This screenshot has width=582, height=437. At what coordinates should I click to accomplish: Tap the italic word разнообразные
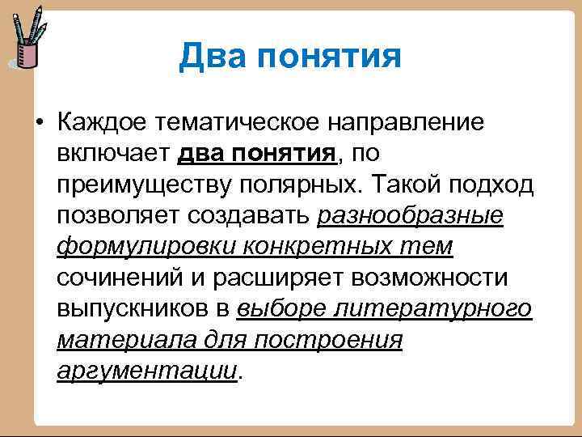[411, 216]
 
